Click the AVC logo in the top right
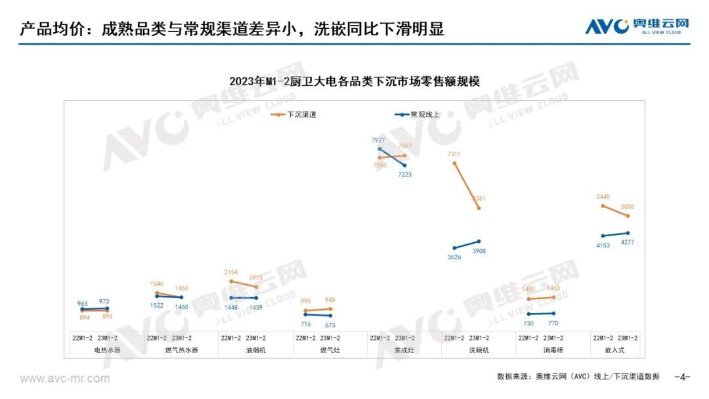[636, 26]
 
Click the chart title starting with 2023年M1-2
[354, 81]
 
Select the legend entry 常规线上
[424, 114]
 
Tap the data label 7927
[379, 141]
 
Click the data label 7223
[404, 175]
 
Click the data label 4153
[603, 245]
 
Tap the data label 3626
[454, 257]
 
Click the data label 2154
[231, 272]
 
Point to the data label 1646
[156, 284]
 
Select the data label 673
[330, 325]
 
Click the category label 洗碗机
[479, 350]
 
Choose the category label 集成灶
[404, 350]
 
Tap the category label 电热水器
[108, 350]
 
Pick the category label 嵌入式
[615, 350]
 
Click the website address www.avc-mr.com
[65, 379]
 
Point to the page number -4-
[683, 377]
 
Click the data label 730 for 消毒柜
[528, 324]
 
